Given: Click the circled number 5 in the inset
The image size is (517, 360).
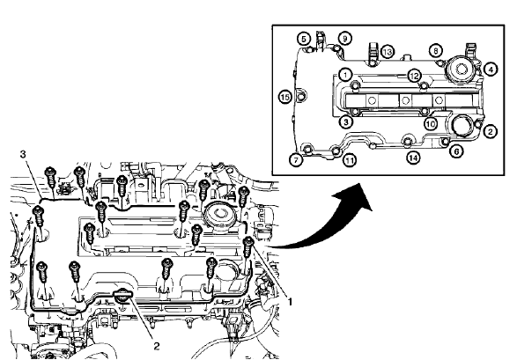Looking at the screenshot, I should pos(304,39).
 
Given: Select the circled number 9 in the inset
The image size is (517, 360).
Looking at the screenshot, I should pos(346,38).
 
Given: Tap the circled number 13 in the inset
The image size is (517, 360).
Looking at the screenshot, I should pos(388,53).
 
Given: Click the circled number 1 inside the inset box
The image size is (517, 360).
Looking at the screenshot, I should pos(346,74).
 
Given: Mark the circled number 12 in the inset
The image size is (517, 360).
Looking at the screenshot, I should pos(413,76).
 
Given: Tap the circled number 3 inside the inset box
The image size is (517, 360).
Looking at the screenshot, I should pos(346,123).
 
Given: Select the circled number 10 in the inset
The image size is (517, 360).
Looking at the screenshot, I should pos(431,124).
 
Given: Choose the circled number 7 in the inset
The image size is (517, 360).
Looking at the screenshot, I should pos(296,160).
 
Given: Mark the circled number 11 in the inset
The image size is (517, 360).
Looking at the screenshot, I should pos(350,161).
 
